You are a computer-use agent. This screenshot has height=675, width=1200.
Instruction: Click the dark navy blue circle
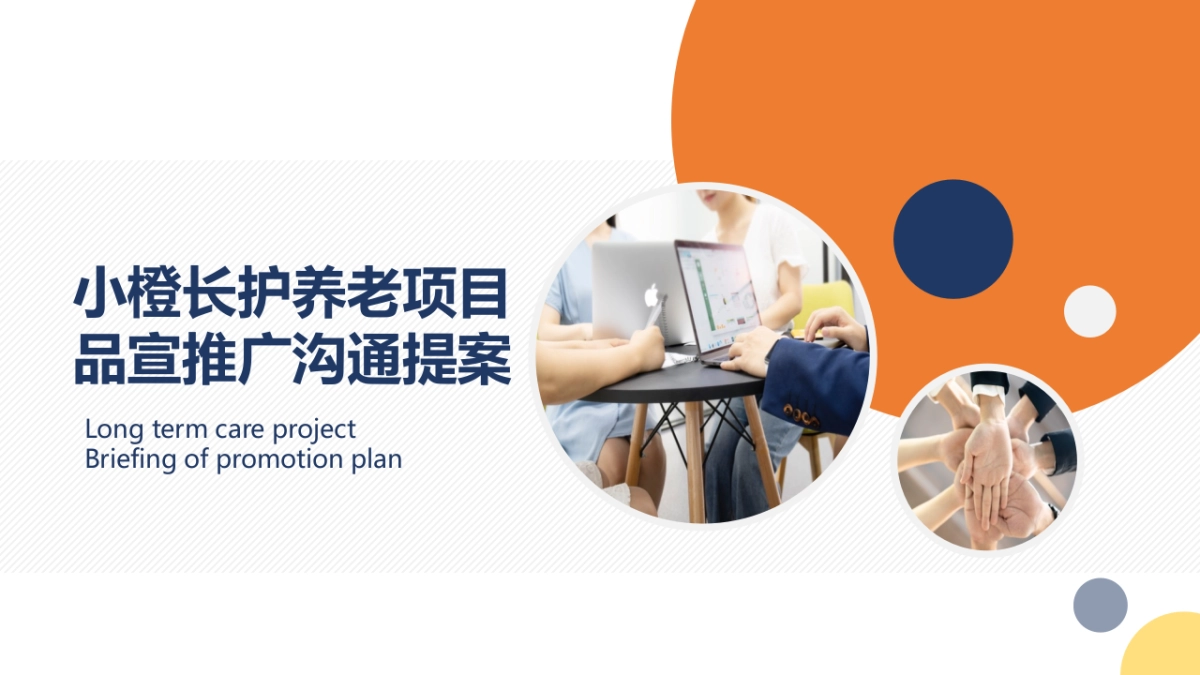(953, 239)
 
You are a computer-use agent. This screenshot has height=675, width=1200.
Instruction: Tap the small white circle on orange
(1090, 311)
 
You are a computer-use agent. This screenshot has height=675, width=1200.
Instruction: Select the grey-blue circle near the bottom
(1100, 605)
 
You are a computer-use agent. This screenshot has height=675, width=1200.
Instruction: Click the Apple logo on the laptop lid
(651, 295)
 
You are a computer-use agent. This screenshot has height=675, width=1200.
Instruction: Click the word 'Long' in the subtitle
(114, 430)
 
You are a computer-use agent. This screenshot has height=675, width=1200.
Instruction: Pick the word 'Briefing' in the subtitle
(130, 460)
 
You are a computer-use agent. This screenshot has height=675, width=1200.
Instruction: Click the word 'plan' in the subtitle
(377, 460)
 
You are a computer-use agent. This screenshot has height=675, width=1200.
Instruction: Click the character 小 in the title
(99, 294)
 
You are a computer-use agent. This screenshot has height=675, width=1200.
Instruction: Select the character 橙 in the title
(154, 294)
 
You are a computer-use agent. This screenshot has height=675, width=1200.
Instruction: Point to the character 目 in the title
(484, 294)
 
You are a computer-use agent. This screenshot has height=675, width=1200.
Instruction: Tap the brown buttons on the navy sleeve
(801, 415)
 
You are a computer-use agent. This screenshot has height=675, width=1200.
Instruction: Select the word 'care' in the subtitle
(241, 430)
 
